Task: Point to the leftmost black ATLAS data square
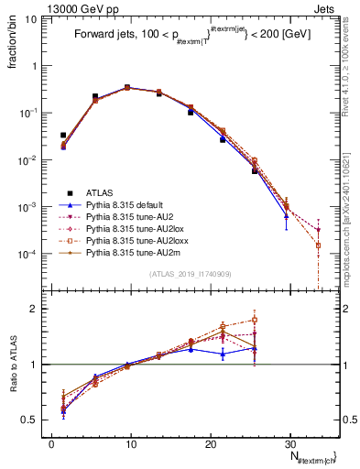tap(63, 135)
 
